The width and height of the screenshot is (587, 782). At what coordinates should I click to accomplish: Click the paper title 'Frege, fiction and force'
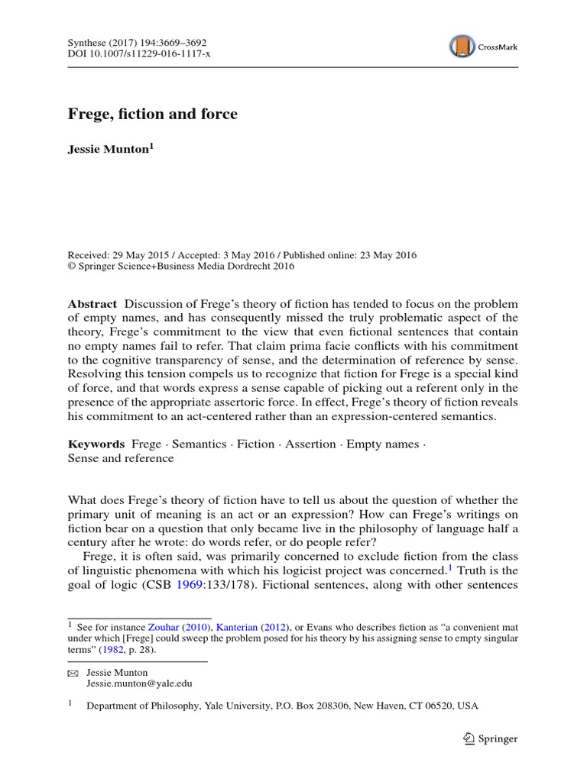tap(153, 115)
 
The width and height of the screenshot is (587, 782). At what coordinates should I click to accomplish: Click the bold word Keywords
tap(96, 443)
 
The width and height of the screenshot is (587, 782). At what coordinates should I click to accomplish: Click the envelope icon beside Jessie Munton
tap(73, 674)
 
